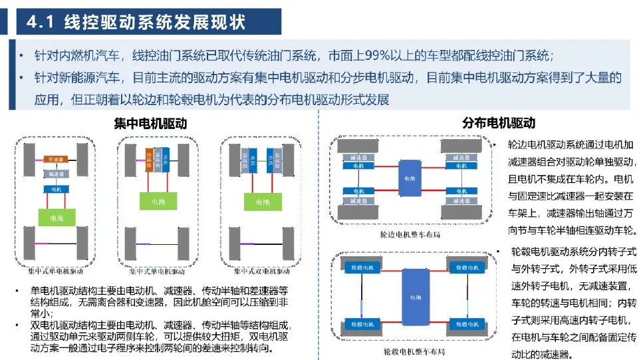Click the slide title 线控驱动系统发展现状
[x=154, y=22]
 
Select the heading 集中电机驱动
[x=150, y=124]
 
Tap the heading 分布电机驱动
[x=498, y=124]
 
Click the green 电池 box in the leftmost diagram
[x=55, y=218]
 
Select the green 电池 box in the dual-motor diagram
[x=255, y=200]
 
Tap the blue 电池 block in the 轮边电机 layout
[x=408, y=178]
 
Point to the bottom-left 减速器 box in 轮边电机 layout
[x=358, y=200]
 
